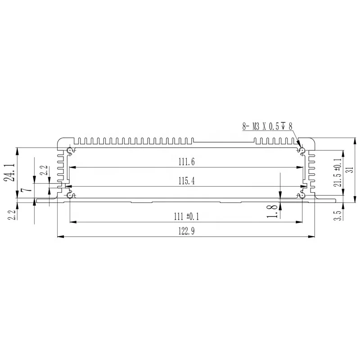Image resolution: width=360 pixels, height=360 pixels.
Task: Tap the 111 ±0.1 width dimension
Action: tap(187, 216)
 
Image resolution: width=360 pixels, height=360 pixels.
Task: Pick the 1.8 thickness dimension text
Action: tap(272, 211)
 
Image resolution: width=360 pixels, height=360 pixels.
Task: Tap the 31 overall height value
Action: tap(352, 169)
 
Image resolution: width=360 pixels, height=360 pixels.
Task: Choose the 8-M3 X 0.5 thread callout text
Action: tap(267, 127)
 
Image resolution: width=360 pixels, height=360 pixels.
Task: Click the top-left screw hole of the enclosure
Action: tap(69, 149)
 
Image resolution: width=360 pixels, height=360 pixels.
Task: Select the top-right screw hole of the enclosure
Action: tap(302, 149)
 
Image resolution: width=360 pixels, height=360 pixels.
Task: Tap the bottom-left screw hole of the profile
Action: tap(70, 195)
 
